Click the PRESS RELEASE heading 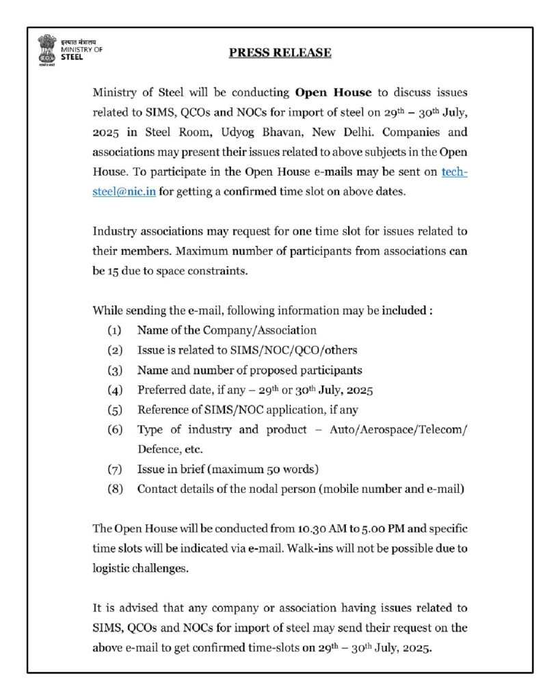pyautogui.click(x=280, y=53)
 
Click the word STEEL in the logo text pyautogui.click(x=72, y=57)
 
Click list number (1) pyautogui.click(x=114, y=330)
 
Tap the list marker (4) pyautogui.click(x=114, y=390)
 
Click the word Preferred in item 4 pyautogui.click(x=161, y=390)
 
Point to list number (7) pyautogui.click(x=114, y=470)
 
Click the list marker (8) pyautogui.click(x=114, y=489)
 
